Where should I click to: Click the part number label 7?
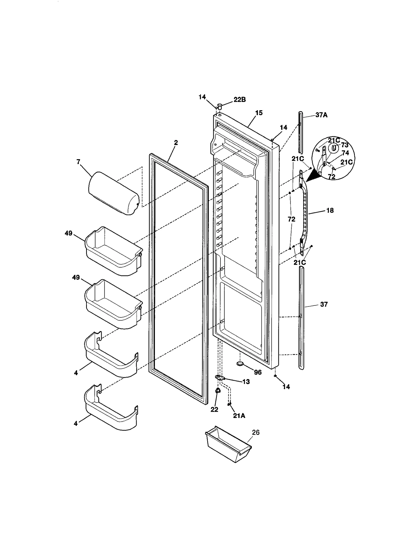coord(78,162)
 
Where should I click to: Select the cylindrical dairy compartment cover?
coord(114,193)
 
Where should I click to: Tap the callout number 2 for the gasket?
coord(176,142)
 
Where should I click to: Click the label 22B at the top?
coord(239,100)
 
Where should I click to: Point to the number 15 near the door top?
coord(259,113)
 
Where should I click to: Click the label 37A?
coord(321,115)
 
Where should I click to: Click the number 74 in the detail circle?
coord(345,153)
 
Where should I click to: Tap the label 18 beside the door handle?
coord(330,210)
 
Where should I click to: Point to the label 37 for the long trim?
coord(324,304)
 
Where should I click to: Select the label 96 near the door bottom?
coord(258,373)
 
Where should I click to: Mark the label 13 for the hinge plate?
coord(246,381)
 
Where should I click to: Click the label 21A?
coord(239,416)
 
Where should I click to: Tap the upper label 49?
coord(68,233)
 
